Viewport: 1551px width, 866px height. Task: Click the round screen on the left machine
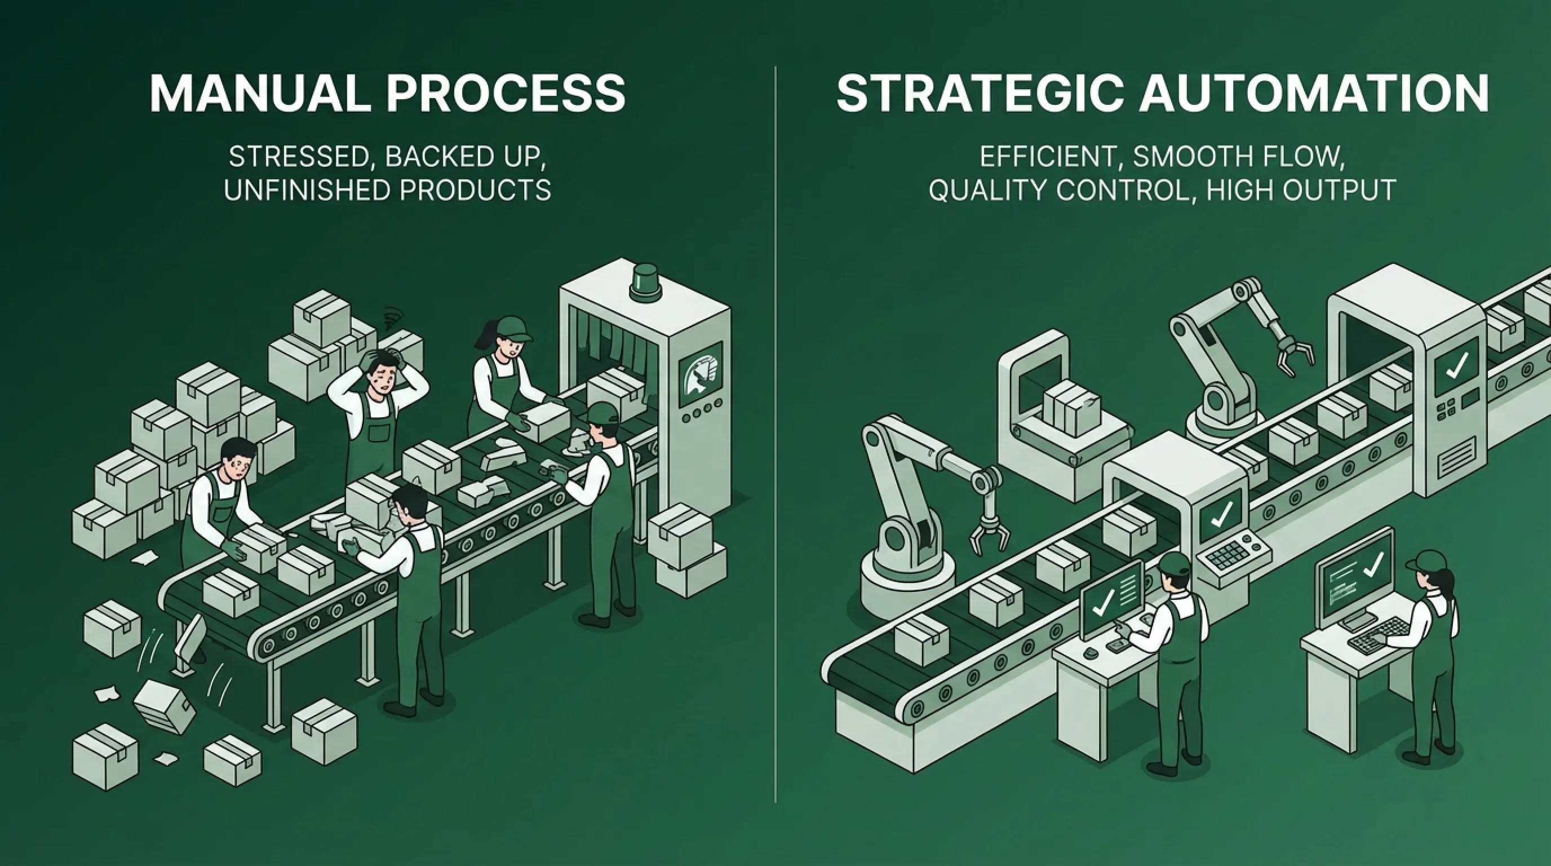(699, 374)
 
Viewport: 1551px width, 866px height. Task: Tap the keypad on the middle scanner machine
(1230, 555)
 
